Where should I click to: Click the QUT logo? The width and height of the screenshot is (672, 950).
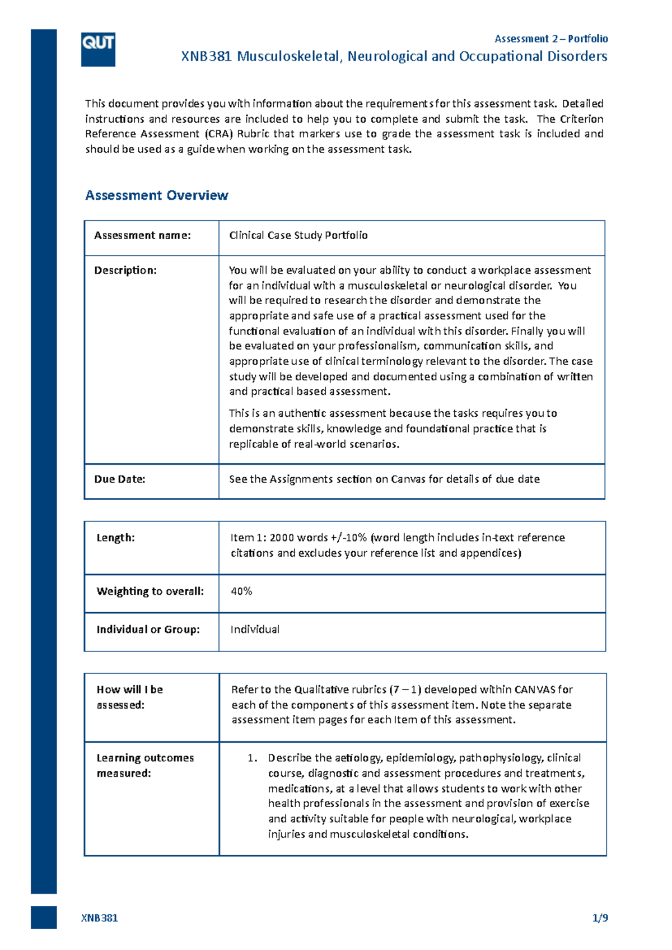[98, 49]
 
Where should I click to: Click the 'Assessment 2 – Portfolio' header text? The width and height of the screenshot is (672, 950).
[551, 39]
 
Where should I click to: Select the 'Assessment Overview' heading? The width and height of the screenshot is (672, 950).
[156, 195]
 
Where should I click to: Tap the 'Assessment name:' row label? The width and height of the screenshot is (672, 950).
[142, 236]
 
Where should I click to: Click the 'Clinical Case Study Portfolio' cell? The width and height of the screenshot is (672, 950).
[298, 236]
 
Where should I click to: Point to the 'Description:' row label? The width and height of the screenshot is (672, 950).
[125, 271]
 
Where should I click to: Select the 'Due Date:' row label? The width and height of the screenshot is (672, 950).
[119, 479]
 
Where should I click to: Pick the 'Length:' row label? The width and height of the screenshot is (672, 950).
[115, 538]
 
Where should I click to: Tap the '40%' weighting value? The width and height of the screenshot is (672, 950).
[241, 592]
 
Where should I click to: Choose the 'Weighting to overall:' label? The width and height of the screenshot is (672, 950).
[150, 592]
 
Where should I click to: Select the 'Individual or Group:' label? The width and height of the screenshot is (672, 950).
[148, 630]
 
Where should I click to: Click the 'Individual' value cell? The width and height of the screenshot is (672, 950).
[255, 630]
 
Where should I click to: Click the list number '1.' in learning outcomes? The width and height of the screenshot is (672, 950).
[253, 758]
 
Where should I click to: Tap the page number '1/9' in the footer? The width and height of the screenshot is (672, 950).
[600, 918]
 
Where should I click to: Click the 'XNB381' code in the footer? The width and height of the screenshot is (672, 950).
[99, 918]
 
